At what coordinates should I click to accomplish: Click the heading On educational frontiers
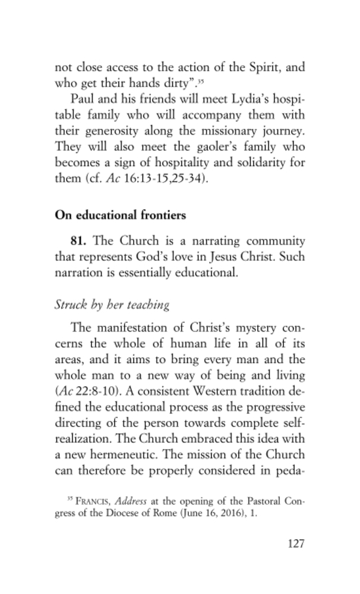[x=120, y=215]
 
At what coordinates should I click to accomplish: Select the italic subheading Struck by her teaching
[x=112, y=305]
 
